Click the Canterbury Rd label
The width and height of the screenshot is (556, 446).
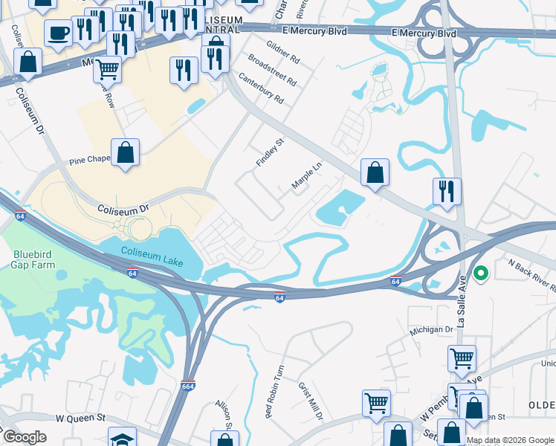pyautogui.click(x=262, y=88)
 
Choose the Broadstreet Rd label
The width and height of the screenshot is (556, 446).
pyautogui.click(x=272, y=69)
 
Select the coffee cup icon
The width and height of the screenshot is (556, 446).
pyautogui.click(x=58, y=32)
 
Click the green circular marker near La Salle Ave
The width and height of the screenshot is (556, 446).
pyautogui.click(x=480, y=274)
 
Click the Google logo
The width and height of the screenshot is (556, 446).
pyautogui.click(x=25, y=437)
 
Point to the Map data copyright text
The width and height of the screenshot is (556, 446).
pyautogui.click(x=509, y=440)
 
